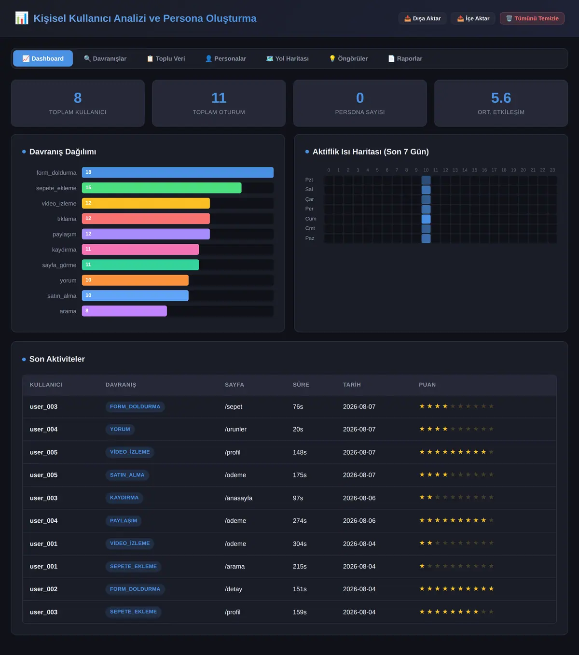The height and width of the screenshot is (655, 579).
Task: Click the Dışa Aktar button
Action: (422, 18)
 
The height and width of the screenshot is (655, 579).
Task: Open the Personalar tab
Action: (226, 58)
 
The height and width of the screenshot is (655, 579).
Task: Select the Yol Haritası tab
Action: (287, 58)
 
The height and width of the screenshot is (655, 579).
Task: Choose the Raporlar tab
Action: (405, 58)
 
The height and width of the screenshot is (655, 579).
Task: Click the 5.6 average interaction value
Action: (501, 98)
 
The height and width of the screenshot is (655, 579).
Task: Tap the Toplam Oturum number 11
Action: (219, 98)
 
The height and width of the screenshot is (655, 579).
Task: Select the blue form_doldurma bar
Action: (178, 172)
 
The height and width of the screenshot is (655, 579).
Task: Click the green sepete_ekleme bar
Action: (162, 188)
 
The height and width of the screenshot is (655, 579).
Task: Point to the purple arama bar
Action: (124, 311)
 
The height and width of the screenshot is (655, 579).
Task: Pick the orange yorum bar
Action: (135, 280)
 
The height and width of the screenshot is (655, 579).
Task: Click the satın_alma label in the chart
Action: (62, 296)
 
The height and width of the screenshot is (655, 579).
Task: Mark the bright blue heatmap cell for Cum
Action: (426, 219)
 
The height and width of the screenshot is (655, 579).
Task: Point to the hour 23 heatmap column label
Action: (552, 170)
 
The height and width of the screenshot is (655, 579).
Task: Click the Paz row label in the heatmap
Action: (309, 238)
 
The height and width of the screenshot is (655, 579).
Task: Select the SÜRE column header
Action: (301, 385)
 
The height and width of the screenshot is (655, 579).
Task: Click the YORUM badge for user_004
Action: (120, 429)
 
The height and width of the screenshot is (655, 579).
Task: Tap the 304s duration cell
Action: (300, 544)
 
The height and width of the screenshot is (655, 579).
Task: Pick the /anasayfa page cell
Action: (238, 498)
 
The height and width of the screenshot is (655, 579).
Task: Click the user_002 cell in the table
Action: (43, 589)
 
